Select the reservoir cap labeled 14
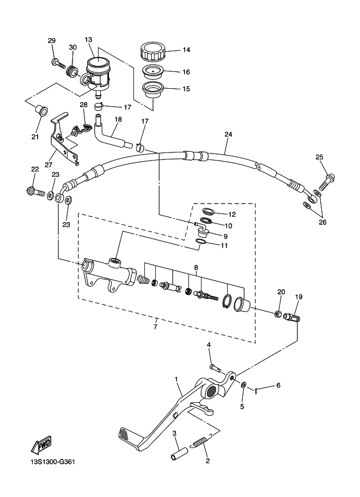click(x=153, y=52)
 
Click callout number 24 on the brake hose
click(x=228, y=134)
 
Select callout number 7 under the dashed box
click(x=155, y=327)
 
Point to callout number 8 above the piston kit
click(x=196, y=268)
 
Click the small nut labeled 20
click(x=277, y=314)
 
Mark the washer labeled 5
click(x=243, y=385)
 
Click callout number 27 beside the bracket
click(x=48, y=165)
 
